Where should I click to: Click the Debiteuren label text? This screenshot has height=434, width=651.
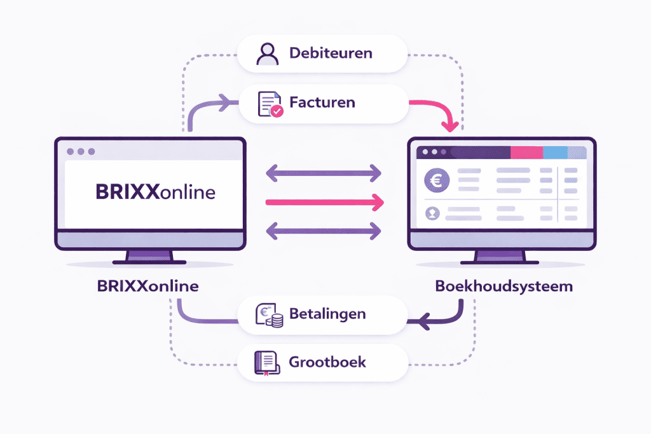coord(330,53)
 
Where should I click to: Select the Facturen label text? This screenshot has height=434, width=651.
coord(322,102)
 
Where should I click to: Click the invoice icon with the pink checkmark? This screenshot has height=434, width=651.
coord(268,104)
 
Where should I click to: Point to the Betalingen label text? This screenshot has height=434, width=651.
coord(327,314)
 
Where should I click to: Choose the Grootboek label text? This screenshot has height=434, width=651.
coord(327,363)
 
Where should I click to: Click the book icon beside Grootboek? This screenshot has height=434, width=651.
coord(266,363)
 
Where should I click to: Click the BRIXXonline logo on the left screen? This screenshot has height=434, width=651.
coord(155,192)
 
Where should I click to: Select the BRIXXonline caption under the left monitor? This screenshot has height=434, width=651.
coord(147,286)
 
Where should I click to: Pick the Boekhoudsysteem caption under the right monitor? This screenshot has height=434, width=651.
coord(504,286)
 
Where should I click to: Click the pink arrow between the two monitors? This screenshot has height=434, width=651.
coord(324,203)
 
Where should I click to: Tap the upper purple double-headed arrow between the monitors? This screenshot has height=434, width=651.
coord(323,172)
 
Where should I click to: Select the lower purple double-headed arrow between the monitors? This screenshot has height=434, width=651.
coord(323,230)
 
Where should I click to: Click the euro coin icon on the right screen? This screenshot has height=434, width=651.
coord(437,181)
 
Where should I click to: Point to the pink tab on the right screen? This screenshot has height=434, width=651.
coord(526,153)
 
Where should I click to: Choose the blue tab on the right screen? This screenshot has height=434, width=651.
coord(555,153)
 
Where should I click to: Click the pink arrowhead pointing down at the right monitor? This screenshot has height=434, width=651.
coord(450,125)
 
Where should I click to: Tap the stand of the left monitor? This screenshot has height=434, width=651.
coord(149,255)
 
